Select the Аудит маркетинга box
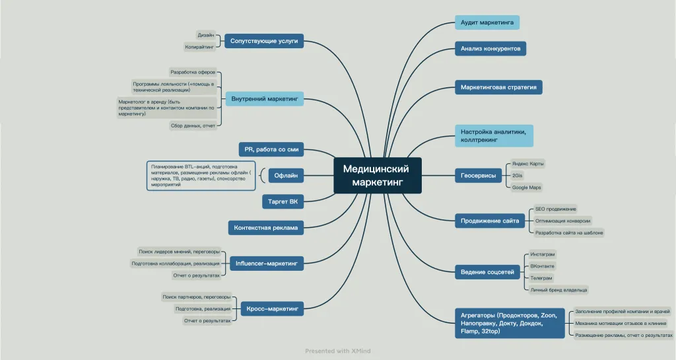click(x=487, y=22)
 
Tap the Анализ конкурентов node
click(x=490, y=48)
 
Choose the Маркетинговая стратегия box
click(x=498, y=87)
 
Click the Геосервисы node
click(x=478, y=175)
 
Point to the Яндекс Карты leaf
click(x=528, y=163)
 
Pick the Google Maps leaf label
click(x=527, y=188)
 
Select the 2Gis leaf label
click(x=518, y=176)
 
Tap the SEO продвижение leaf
click(x=555, y=209)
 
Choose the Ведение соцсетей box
click(x=487, y=271)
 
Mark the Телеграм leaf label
click(x=541, y=278)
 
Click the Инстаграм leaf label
click(x=543, y=254)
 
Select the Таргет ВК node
click(x=284, y=201)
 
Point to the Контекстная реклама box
click(x=265, y=228)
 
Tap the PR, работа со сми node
click(x=271, y=150)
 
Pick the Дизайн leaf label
click(x=205, y=34)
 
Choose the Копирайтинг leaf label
click(x=199, y=47)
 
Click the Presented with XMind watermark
click(x=337, y=351)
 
